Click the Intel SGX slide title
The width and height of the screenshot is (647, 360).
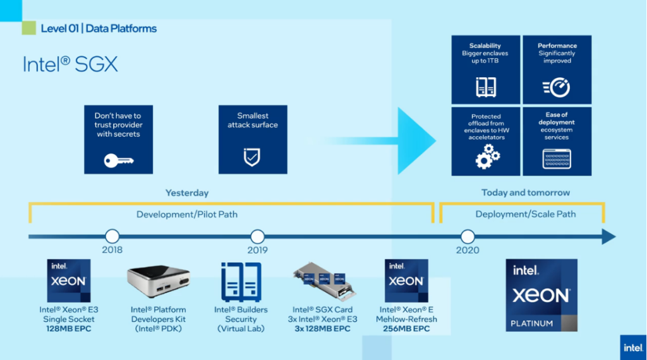point(70,64)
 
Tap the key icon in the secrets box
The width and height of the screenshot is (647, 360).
point(118,160)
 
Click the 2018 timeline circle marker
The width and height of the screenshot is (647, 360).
point(112,237)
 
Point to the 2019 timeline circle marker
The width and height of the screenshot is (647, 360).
point(258,237)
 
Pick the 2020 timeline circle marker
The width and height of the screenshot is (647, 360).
point(468,237)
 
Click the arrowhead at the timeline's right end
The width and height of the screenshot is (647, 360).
point(608,237)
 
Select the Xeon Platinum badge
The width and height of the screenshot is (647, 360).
point(541,295)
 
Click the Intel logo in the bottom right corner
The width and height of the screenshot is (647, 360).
point(633,347)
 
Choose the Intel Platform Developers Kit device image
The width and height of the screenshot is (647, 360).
point(159,283)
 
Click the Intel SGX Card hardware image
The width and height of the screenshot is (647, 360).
point(322,282)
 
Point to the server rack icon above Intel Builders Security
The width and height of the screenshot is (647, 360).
point(241,282)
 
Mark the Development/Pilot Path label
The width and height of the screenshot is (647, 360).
point(187,214)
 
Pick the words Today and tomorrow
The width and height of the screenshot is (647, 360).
point(526,193)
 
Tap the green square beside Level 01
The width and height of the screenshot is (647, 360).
point(28,28)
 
